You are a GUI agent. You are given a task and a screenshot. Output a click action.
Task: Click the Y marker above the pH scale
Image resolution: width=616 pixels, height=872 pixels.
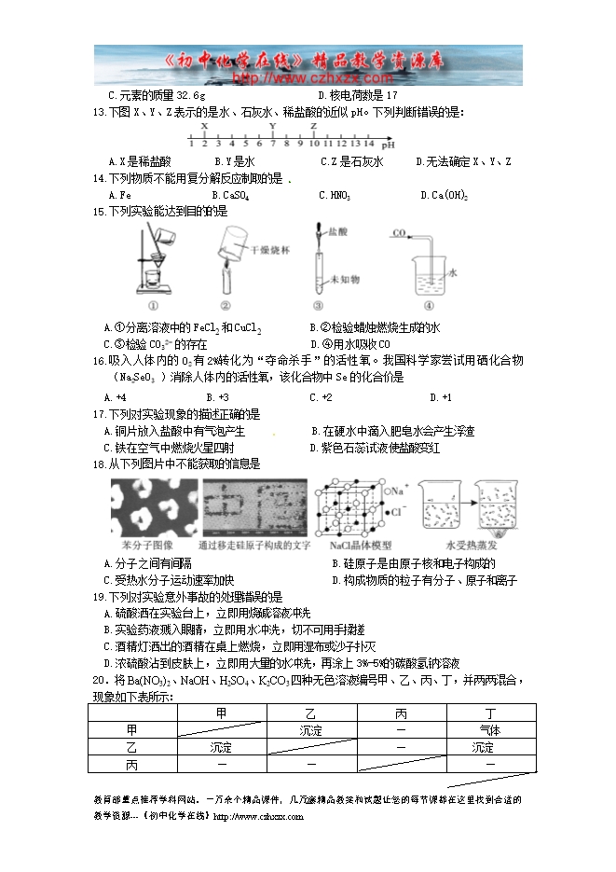pyautogui.click(x=272, y=125)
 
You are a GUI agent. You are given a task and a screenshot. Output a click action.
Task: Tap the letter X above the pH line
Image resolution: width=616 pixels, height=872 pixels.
pyautogui.click(x=204, y=125)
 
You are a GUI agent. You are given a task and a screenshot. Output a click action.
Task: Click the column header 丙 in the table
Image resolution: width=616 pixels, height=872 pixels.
pyautogui.click(x=401, y=713)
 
